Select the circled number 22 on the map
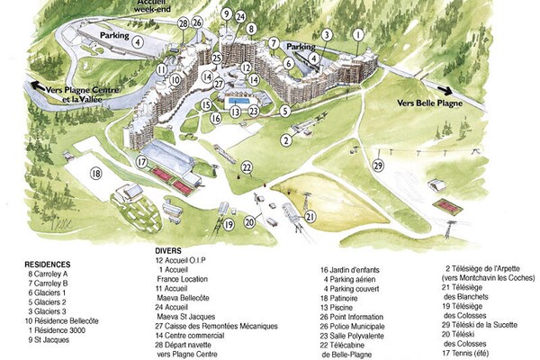pyautogui.click(x=247, y=166)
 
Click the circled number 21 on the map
pyautogui.click(x=310, y=216)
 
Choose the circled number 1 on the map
pyautogui.click(x=357, y=34)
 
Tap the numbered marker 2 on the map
pyautogui.click(x=286, y=139)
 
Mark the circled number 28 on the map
pyautogui.click(x=184, y=22)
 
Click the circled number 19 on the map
pyautogui.click(x=229, y=223)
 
